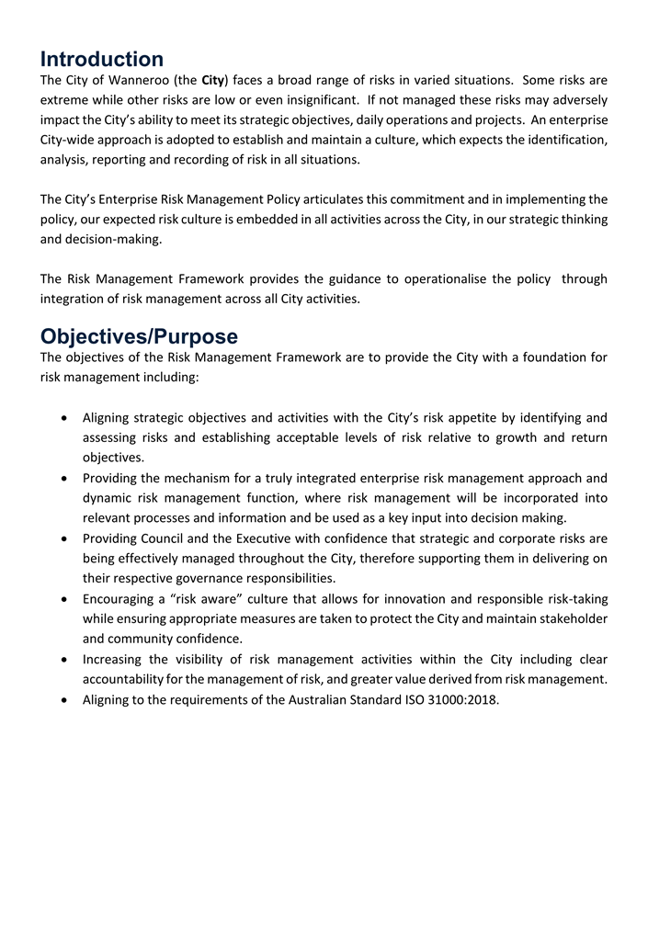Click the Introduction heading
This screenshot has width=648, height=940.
tap(102, 60)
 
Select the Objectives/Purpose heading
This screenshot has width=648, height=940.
tap(139, 336)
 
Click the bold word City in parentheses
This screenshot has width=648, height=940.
tap(213, 80)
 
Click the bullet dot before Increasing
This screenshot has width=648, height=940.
tap(62, 660)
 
